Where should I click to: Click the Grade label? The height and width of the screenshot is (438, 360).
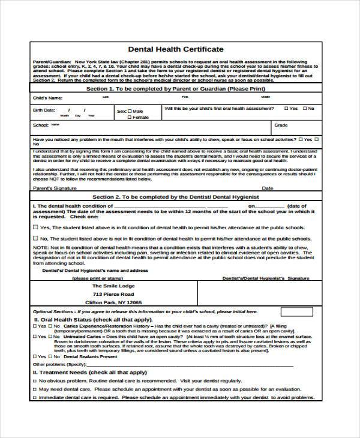click(281, 125)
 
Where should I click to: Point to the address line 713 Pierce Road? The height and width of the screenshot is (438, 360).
click(113, 294)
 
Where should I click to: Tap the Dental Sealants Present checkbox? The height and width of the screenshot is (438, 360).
click(35, 356)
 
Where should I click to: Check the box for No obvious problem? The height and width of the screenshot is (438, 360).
click(35, 380)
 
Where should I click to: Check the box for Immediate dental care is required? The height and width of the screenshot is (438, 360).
click(35, 397)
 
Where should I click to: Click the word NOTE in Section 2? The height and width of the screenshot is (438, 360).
click(40, 247)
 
